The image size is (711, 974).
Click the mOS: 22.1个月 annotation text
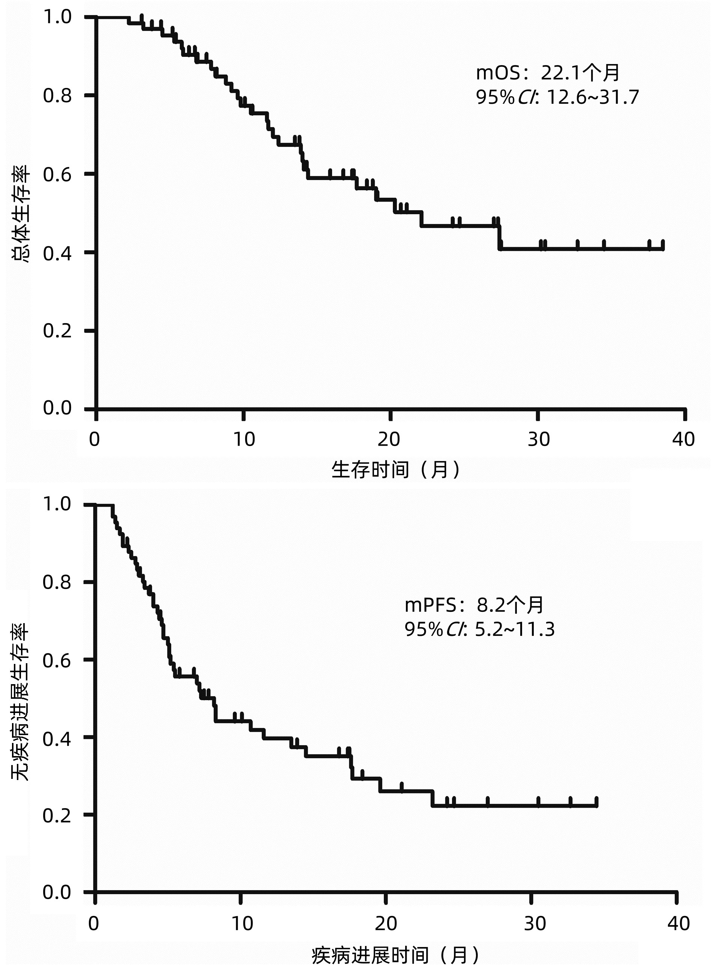(x=548, y=73)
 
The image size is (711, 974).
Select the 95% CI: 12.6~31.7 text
(x=557, y=98)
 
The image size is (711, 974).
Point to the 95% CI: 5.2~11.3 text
(x=479, y=629)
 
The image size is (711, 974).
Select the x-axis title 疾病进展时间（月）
(x=395, y=956)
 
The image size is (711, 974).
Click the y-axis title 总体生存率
(x=21, y=214)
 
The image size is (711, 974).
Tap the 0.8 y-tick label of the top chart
(x=57, y=95)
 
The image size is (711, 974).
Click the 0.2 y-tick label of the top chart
(x=57, y=331)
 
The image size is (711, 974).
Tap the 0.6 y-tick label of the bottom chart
(x=57, y=660)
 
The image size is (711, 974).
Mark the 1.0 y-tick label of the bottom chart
(x=57, y=504)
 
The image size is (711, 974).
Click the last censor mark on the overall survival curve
(x=662, y=245)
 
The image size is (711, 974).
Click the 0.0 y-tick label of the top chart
(x=57, y=408)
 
